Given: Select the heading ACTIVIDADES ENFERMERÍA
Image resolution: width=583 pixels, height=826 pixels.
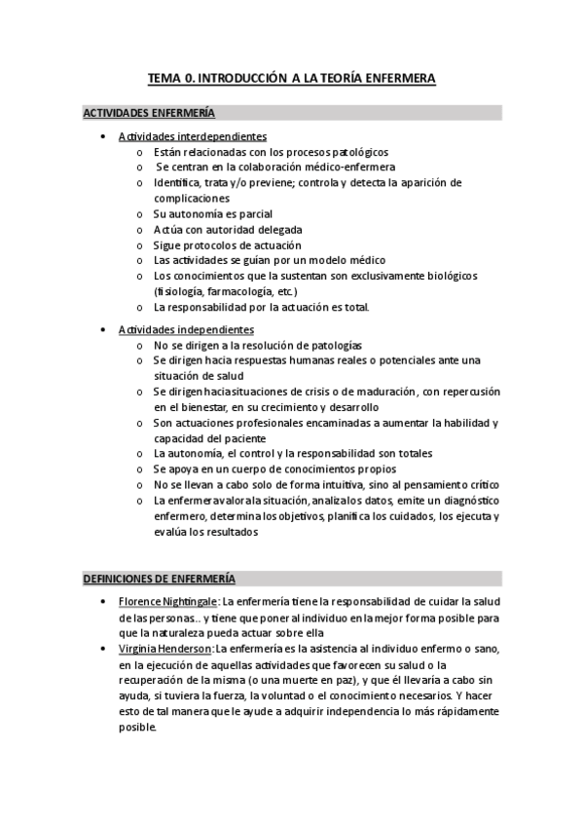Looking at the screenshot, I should click(148, 113).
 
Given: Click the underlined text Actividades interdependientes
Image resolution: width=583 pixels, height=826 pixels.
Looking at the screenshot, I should click(193, 136).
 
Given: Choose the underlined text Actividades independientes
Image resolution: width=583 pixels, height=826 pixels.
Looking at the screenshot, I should click(186, 330).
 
